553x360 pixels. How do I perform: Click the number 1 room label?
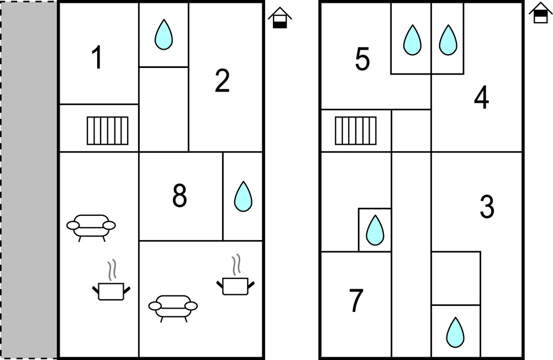coord(97,58)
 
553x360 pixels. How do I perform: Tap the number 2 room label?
coord(222,82)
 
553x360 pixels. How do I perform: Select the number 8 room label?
coord(180,196)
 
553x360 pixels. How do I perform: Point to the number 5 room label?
coord(362,60)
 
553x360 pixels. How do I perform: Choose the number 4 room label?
coord(481,99)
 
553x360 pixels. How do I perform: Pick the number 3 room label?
coord(486,207)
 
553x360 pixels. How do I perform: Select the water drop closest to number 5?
coord(411,40)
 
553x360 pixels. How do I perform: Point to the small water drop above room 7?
coord(375,230)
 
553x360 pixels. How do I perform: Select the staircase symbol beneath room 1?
coord(108,130)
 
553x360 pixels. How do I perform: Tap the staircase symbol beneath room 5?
coord(356,130)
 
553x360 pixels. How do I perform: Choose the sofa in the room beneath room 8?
coord(173,308)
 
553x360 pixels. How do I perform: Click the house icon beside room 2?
coord(280,18)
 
